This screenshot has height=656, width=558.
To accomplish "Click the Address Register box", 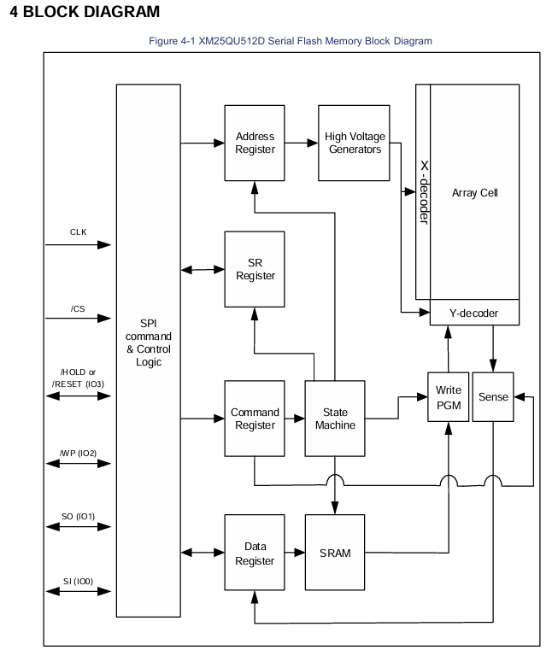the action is click(255, 143).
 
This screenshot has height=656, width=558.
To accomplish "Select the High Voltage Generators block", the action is click(354, 143).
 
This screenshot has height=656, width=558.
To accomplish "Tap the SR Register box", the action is click(255, 269).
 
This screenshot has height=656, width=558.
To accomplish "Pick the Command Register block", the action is click(255, 419).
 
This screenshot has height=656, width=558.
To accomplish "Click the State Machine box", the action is click(335, 419).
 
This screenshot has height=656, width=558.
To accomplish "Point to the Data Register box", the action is click(255, 553).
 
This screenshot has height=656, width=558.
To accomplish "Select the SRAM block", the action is click(335, 553).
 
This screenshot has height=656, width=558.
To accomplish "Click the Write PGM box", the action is click(449, 397).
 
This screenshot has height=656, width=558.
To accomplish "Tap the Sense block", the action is click(493, 397).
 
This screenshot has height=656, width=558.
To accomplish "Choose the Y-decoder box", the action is click(474, 313).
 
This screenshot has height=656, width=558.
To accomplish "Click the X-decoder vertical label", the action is click(424, 192).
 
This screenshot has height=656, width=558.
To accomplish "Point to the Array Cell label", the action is click(475, 193).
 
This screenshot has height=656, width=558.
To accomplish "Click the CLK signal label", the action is click(79, 232).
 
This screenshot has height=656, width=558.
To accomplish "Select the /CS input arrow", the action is click(79, 319).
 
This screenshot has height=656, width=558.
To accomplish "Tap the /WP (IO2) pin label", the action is click(79, 453).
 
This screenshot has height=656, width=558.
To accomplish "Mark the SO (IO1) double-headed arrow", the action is click(79, 527).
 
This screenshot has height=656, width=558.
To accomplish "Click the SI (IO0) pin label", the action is click(79, 581).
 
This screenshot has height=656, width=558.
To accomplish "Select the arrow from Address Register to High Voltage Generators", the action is click(302, 143).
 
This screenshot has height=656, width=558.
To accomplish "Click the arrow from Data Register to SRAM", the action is click(295, 553).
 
